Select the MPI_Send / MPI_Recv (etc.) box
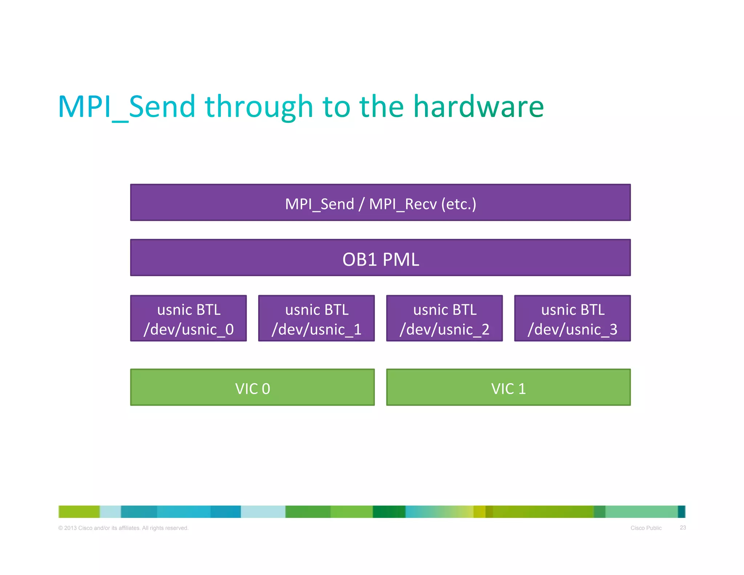[380, 203]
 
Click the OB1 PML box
[380, 258]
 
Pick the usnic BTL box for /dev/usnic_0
[188, 318]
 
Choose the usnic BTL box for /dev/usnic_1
[316, 318]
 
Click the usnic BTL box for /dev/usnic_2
[444, 318]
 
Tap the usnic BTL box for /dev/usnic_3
[572, 318]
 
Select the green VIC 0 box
[252, 387]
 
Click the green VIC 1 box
[508, 387]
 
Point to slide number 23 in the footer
[683, 527]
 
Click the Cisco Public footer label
[646, 528]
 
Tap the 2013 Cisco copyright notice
[123, 528]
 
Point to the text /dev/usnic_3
[572, 329]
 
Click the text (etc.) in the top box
[458, 204]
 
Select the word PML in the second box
[401, 260]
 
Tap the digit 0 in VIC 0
[266, 389]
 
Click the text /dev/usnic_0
[188, 329]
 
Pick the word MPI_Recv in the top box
[403, 204]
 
